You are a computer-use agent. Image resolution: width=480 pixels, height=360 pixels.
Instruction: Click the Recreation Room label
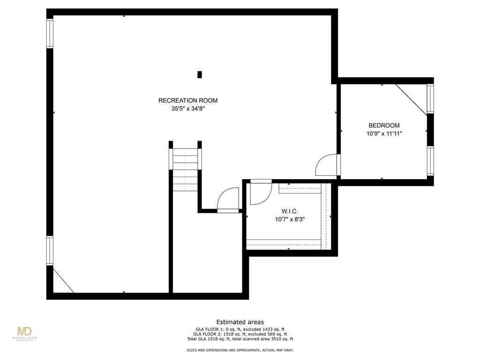click(x=187, y=100)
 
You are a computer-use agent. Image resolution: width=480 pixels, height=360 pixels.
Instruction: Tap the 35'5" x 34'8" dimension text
click(x=187, y=109)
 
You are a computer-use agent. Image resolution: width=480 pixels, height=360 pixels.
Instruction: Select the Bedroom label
click(x=384, y=125)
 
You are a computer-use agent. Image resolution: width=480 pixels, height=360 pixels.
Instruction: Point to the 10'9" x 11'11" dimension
click(x=384, y=134)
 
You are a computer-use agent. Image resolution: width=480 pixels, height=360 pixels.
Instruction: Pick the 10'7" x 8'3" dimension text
click(x=290, y=219)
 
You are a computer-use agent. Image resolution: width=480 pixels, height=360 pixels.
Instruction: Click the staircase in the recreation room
click(x=185, y=169)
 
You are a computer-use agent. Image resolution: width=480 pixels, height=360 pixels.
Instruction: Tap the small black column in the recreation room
click(x=200, y=74)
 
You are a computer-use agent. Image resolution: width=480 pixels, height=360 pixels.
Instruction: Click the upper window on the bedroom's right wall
click(x=430, y=99)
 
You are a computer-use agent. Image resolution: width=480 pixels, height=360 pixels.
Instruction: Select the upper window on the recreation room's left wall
click(x=49, y=33)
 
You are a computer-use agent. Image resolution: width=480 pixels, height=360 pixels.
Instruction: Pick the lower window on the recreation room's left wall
click(x=49, y=251)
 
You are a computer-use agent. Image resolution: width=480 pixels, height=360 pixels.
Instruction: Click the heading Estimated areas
click(x=240, y=322)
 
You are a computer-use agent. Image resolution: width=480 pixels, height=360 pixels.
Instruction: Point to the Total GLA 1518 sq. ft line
click(x=240, y=339)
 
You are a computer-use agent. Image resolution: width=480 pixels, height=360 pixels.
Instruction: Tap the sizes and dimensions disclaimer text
click(x=240, y=351)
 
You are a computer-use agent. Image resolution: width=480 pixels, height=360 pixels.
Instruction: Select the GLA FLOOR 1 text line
click(x=240, y=329)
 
